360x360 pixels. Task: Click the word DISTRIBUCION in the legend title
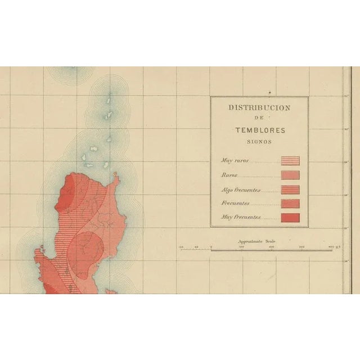click(259, 107)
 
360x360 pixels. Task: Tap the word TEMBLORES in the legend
click(260, 130)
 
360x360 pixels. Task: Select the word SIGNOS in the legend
click(260, 142)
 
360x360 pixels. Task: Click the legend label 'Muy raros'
click(235, 161)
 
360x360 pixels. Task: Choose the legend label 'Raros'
click(229, 175)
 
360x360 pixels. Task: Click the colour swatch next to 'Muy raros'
click(290, 161)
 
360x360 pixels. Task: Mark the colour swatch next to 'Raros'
click(290, 175)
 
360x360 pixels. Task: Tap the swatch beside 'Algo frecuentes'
click(290, 190)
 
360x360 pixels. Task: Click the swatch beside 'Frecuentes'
click(290, 203)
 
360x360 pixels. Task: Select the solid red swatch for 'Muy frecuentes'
click(290, 217)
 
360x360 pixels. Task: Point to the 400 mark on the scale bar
click(331, 246)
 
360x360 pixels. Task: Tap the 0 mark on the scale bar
click(211, 246)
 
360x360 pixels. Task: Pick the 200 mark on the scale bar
click(271, 246)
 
